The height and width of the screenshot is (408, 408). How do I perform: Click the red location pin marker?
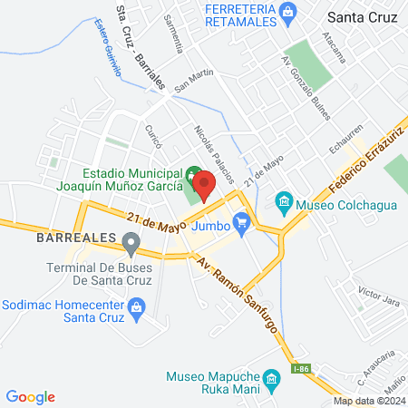(204, 186)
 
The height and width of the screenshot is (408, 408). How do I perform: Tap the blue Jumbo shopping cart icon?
(241, 220)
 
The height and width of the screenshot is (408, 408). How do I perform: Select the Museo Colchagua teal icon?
(283, 200)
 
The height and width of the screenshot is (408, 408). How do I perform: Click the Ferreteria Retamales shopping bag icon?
(289, 11)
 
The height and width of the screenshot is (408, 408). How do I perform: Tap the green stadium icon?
(191, 173)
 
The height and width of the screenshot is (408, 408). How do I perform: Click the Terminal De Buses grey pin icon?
(131, 242)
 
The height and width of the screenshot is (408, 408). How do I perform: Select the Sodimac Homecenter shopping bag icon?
(136, 308)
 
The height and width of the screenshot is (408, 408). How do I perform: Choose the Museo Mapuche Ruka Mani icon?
(270, 377)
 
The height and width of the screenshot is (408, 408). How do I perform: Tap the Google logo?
(30, 397)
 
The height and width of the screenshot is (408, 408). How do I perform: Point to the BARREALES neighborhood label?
(76, 237)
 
